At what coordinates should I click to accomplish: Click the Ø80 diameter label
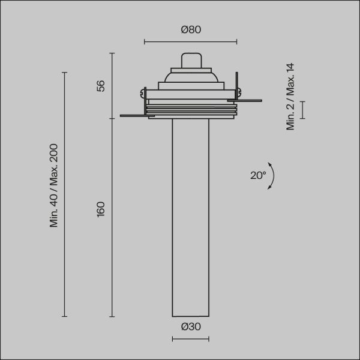(190, 30)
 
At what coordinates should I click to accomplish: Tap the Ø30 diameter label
(190, 327)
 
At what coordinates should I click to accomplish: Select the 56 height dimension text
(101, 85)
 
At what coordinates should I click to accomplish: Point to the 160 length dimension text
(101, 209)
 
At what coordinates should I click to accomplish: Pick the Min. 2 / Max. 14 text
(291, 96)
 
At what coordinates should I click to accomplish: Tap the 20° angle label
(257, 175)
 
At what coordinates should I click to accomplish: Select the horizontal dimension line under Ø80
(190, 41)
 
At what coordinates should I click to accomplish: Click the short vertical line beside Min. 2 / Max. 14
(302, 110)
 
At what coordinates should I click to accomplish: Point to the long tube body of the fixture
(190, 216)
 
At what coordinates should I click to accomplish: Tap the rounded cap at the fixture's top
(190, 61)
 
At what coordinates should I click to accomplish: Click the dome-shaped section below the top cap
(190, 77)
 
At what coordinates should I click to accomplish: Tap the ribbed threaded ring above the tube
(191, 110)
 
